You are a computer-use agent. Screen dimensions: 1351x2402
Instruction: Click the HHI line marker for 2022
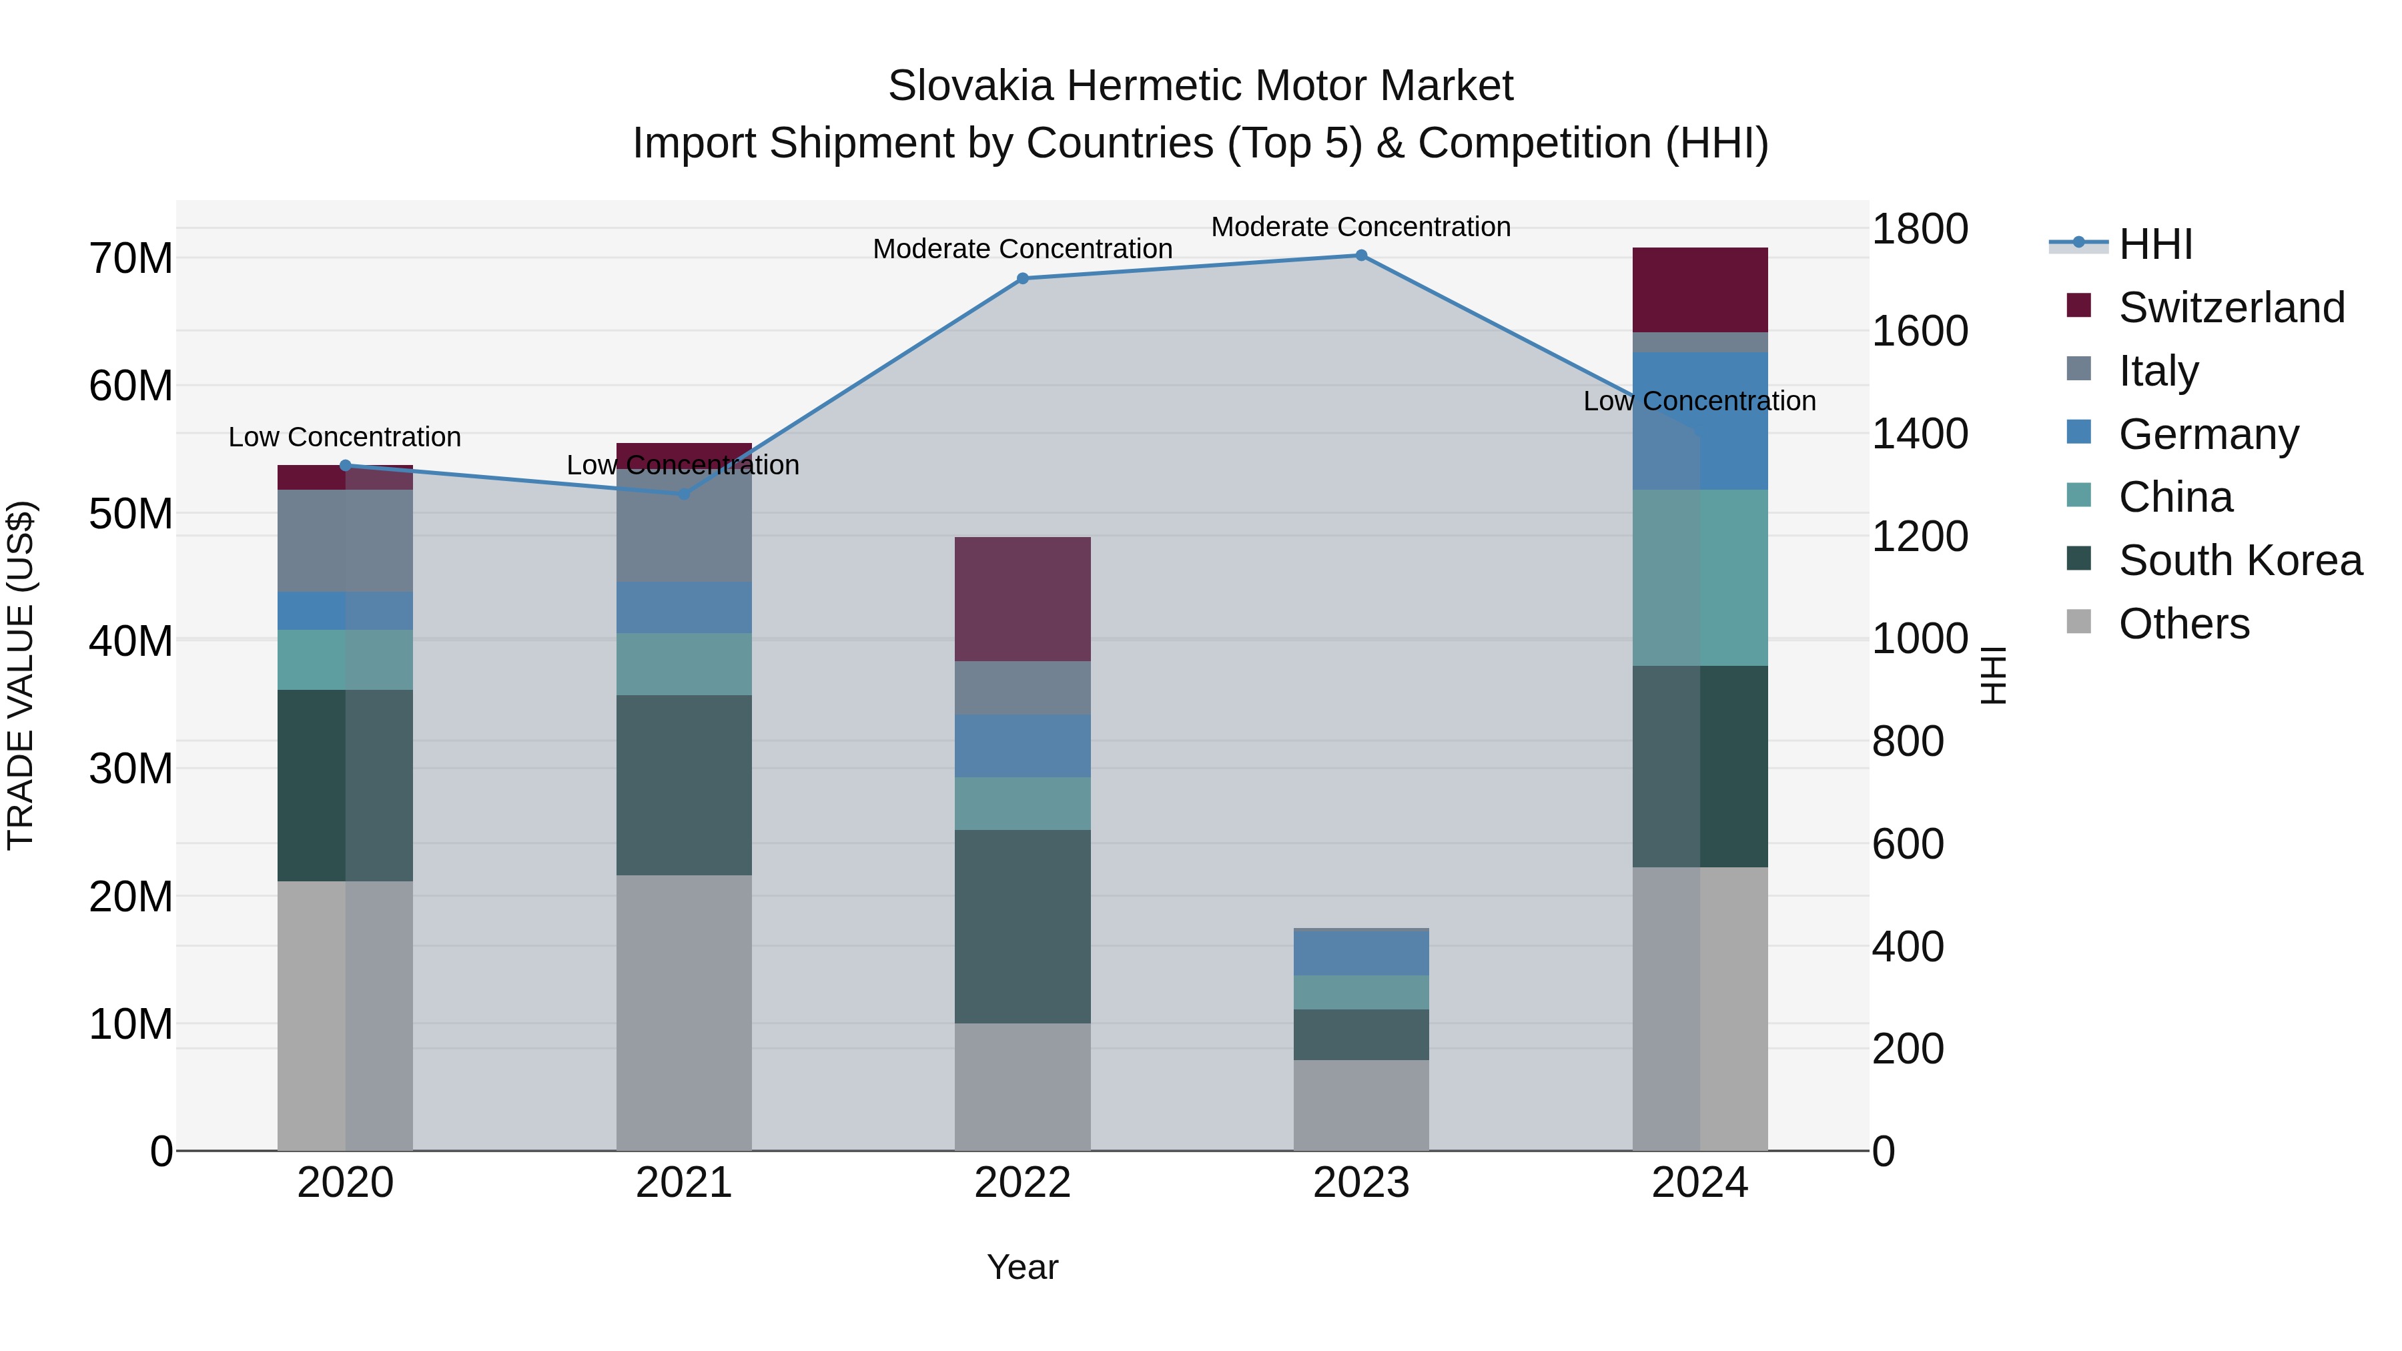point(1022,278)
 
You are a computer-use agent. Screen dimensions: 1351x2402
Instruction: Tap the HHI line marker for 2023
point(1360,255)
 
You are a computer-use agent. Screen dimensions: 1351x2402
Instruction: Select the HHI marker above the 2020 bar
point(345,465)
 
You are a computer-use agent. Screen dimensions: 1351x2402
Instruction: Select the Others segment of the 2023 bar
point(1360,1104)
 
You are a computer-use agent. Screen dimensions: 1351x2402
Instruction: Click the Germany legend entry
point(2207,434)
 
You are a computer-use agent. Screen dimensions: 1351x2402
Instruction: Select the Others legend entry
point(2183,624)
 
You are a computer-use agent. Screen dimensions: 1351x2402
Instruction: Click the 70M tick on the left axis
point(131,258)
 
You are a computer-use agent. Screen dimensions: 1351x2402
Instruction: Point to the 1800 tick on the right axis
point(1919,230)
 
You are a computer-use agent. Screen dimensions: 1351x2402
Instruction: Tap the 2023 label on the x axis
point(1360,1183)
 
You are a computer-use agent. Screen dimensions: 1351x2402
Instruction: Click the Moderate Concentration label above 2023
point(1360,227)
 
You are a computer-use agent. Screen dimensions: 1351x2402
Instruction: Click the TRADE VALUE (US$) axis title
point(21,675)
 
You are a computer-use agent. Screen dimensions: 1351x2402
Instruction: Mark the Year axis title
point(1022,1267)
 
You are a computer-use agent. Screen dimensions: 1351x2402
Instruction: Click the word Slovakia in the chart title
point(971,86)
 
